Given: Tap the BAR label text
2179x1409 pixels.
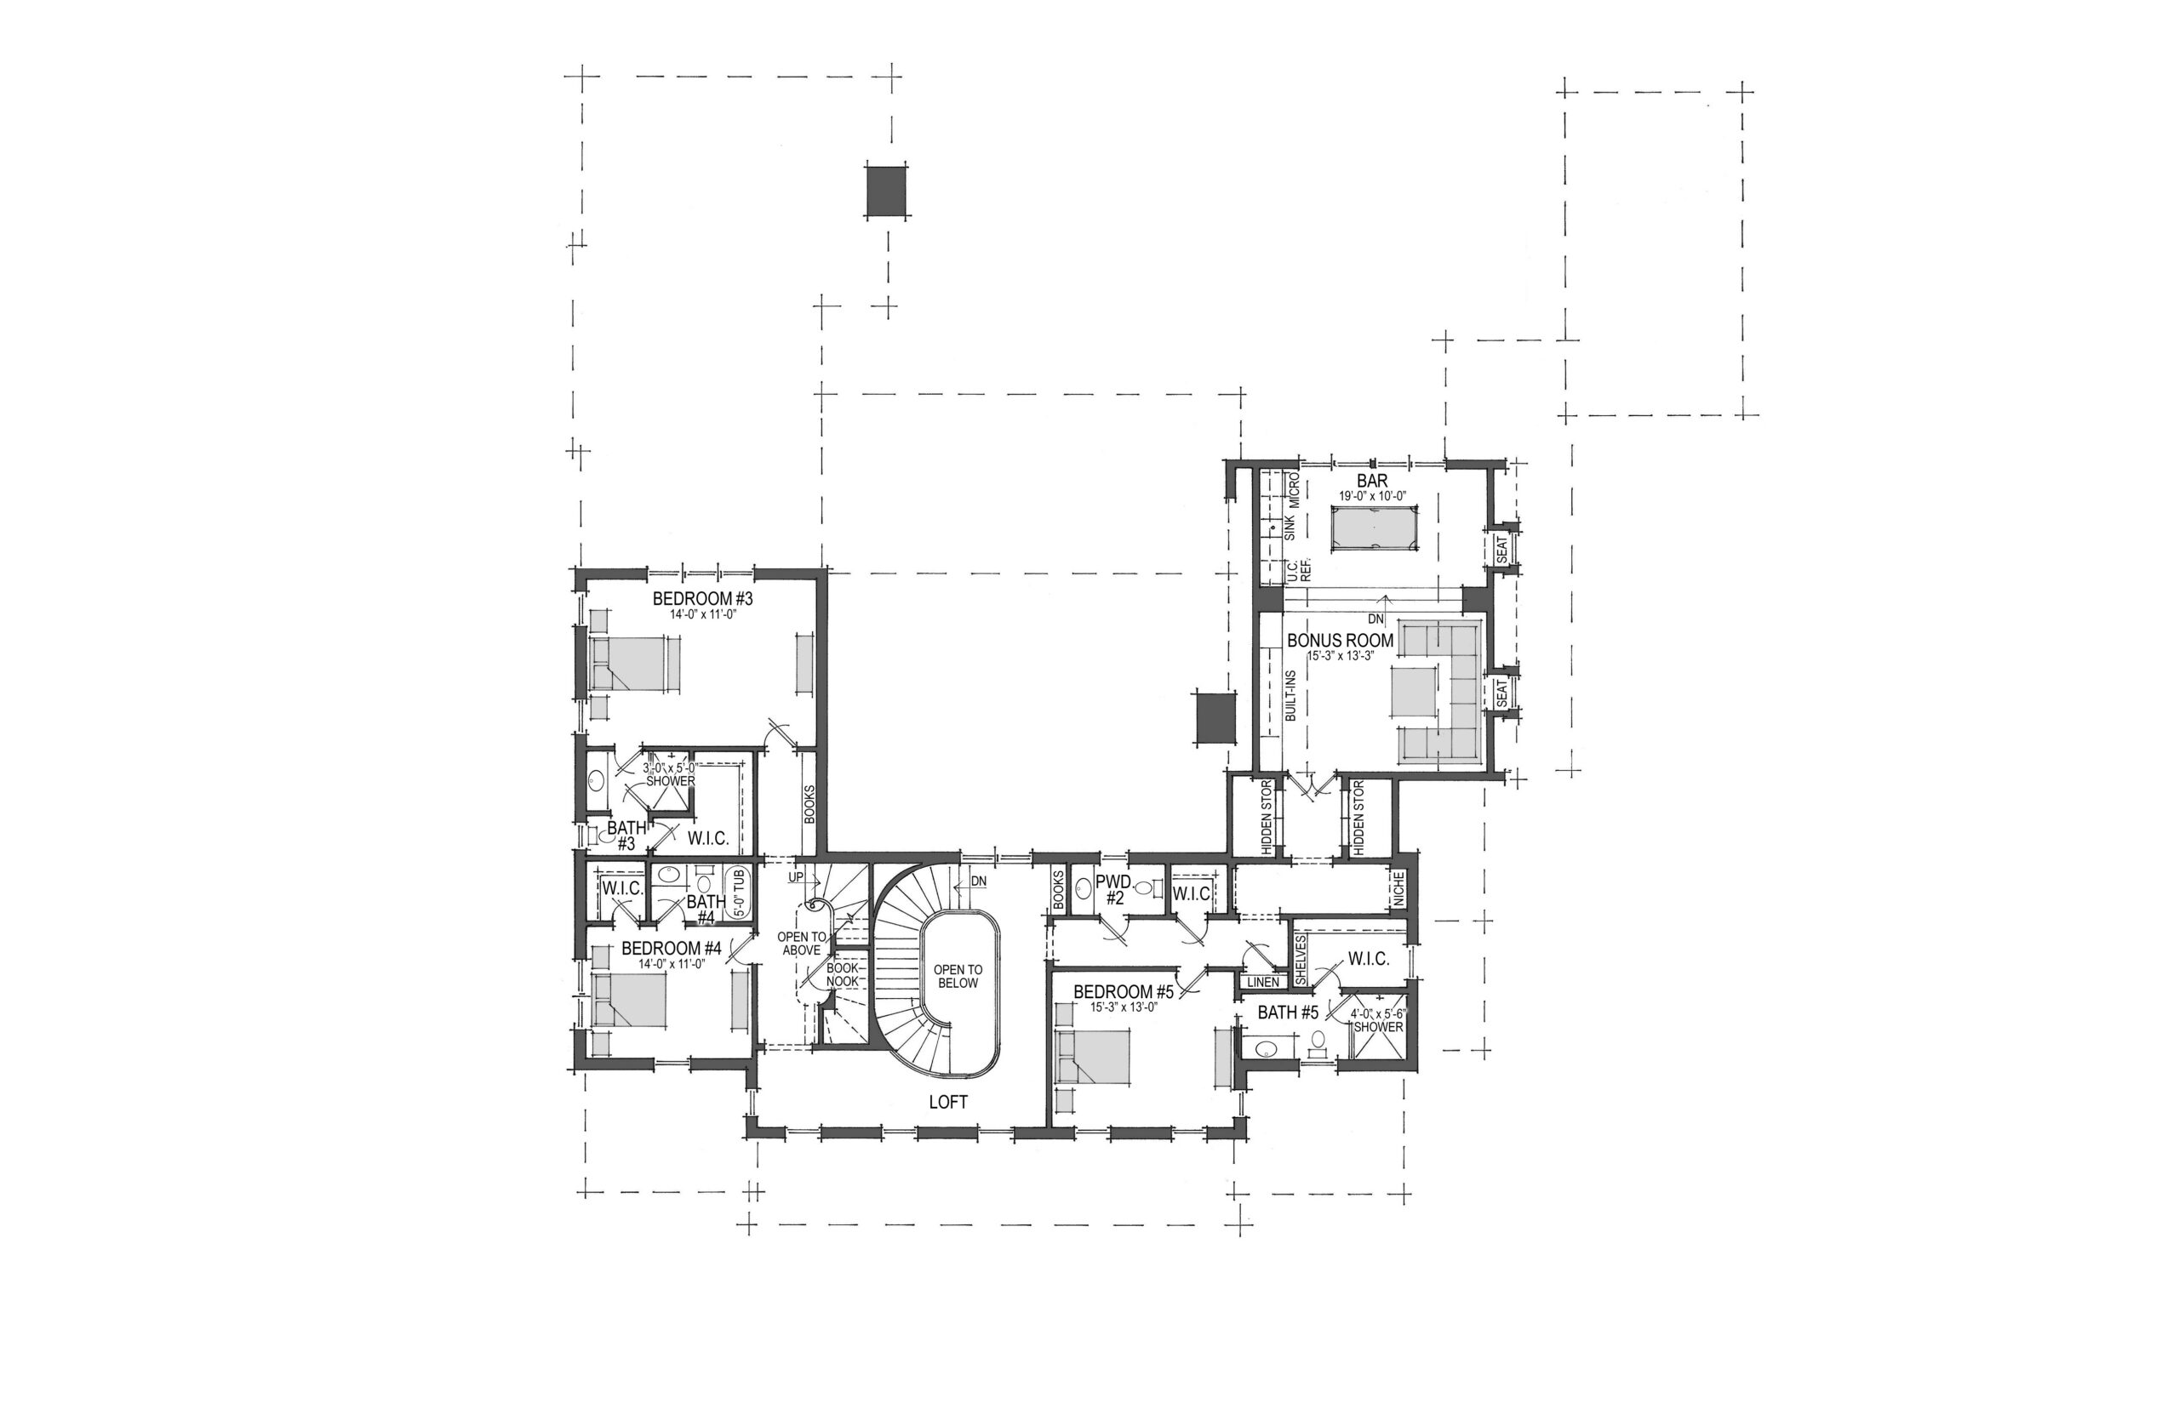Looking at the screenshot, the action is pyautogui.click(x=1372, y=481).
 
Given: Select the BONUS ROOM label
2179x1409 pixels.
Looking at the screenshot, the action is pyautogui.click(x=1340, y=641).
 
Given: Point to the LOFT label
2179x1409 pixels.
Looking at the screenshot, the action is pyautogui.click(x=948, y=1103).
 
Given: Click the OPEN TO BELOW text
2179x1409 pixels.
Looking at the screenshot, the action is pyautogui.click(x=958, y=976).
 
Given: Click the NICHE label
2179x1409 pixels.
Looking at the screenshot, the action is pyautogui.click(x=1397, y=888).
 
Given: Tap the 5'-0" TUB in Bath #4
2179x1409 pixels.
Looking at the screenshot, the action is pyautogui.click(x=739, y=891).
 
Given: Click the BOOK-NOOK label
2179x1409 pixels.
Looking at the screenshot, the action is pyautogui.click(x=842, y=974).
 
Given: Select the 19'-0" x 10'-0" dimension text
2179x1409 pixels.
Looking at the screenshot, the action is pyautogui.click(x=1372, y=495).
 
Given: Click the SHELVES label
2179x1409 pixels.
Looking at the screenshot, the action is pyautogui.click(x=1301, y=960).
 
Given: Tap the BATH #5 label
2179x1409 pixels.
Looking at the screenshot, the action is pyautogui.click(x=1288, y=1013).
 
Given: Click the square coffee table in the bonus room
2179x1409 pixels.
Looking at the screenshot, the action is pyautogui.click(x=1414, y=692).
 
